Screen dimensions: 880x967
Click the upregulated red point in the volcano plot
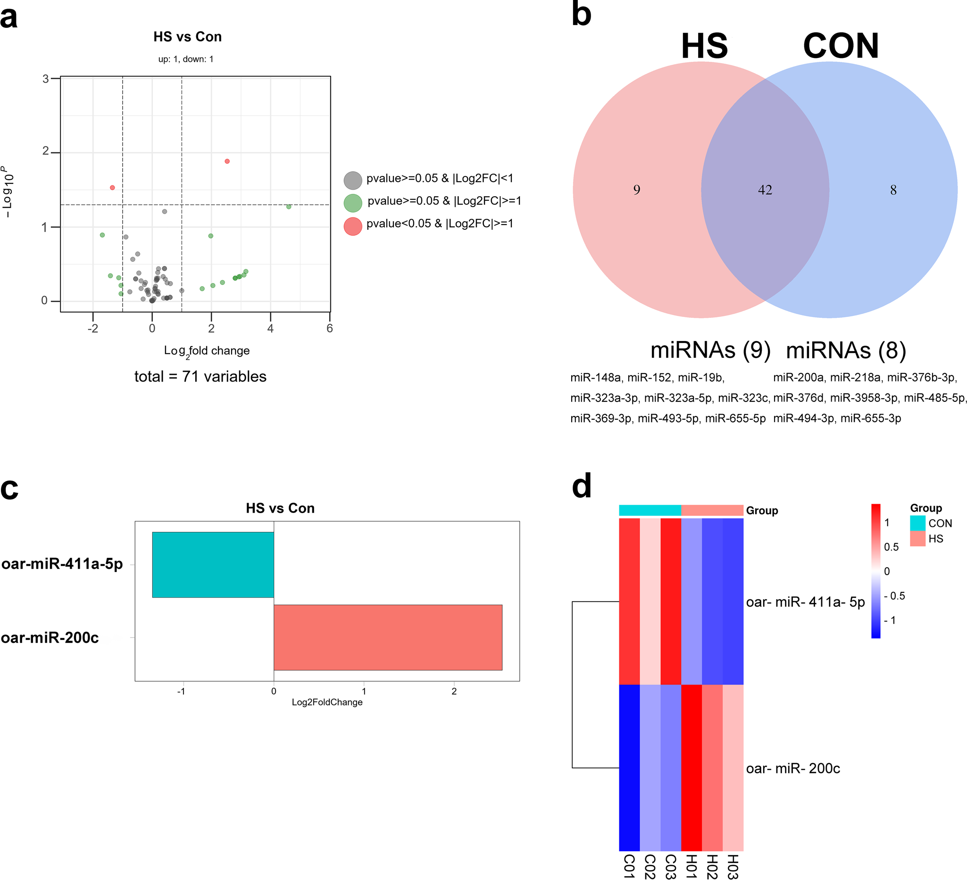227,161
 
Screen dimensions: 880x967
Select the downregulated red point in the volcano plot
112,188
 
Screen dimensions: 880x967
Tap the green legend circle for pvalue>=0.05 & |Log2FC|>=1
352,203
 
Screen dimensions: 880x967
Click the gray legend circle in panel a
352,180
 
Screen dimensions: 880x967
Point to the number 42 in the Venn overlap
765,190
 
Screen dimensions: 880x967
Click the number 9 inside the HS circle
636,190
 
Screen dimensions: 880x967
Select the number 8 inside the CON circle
893,190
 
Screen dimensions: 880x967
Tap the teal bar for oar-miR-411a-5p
213,565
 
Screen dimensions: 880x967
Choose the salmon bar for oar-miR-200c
388,637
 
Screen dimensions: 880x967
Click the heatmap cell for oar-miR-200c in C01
629,767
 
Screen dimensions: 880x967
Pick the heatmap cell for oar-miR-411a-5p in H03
733,601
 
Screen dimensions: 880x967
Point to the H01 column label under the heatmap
691,866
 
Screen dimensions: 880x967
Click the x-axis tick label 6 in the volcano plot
330,329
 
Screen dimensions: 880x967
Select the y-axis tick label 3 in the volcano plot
46,79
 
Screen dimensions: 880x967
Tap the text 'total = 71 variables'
200,376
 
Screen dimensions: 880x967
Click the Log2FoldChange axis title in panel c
327,702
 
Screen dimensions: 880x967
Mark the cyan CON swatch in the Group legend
917,523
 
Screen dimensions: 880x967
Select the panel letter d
582,486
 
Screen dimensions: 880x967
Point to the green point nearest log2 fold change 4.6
289,207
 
